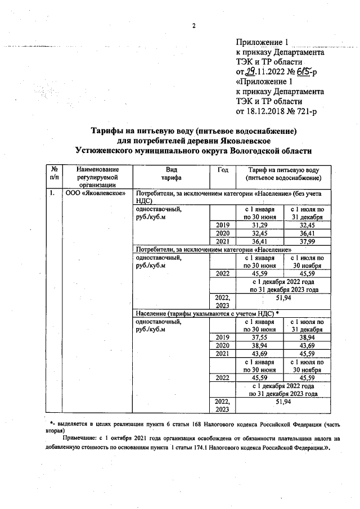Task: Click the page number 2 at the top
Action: (193, 26)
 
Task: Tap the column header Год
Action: (222, 169)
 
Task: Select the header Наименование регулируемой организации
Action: (91, 177)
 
